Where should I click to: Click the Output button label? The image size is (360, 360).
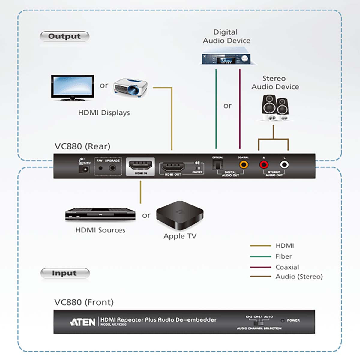[x=64, y=36]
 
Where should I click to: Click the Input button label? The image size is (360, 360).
[x=64, y=273]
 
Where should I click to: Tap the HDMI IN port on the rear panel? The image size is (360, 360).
[x=140, y=165]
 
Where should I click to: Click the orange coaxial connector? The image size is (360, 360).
[x=244, y=164]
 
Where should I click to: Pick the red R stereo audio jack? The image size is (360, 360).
[x=264, y=164]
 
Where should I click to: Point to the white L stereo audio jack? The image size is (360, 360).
[x=284, y=164]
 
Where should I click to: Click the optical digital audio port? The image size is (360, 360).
[x=217, y=164]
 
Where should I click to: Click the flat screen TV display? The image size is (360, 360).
[x=72, y=87]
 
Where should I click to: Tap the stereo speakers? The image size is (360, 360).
[x=275, y=107]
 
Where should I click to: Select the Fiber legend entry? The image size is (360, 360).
[x=283, y=256]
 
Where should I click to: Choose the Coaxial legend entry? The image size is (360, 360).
[x=287, y=267]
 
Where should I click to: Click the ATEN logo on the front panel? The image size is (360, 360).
[x=82, y=322]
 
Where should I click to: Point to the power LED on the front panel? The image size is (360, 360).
[x=282, y=321]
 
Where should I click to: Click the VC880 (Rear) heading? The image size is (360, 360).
[x=82, y=146]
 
